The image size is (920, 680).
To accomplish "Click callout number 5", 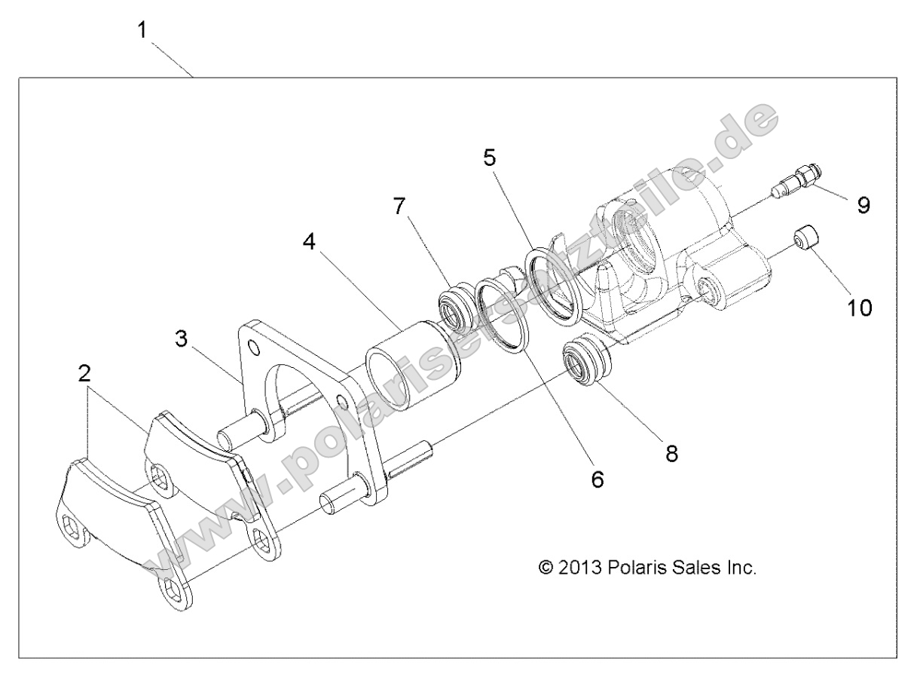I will pyautogui.click(x=490, y=159).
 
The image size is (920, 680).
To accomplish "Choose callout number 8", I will pyautogui.click(x=671, y=452).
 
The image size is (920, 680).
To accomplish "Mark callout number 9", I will pyautogui.click(x=863, y=205).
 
